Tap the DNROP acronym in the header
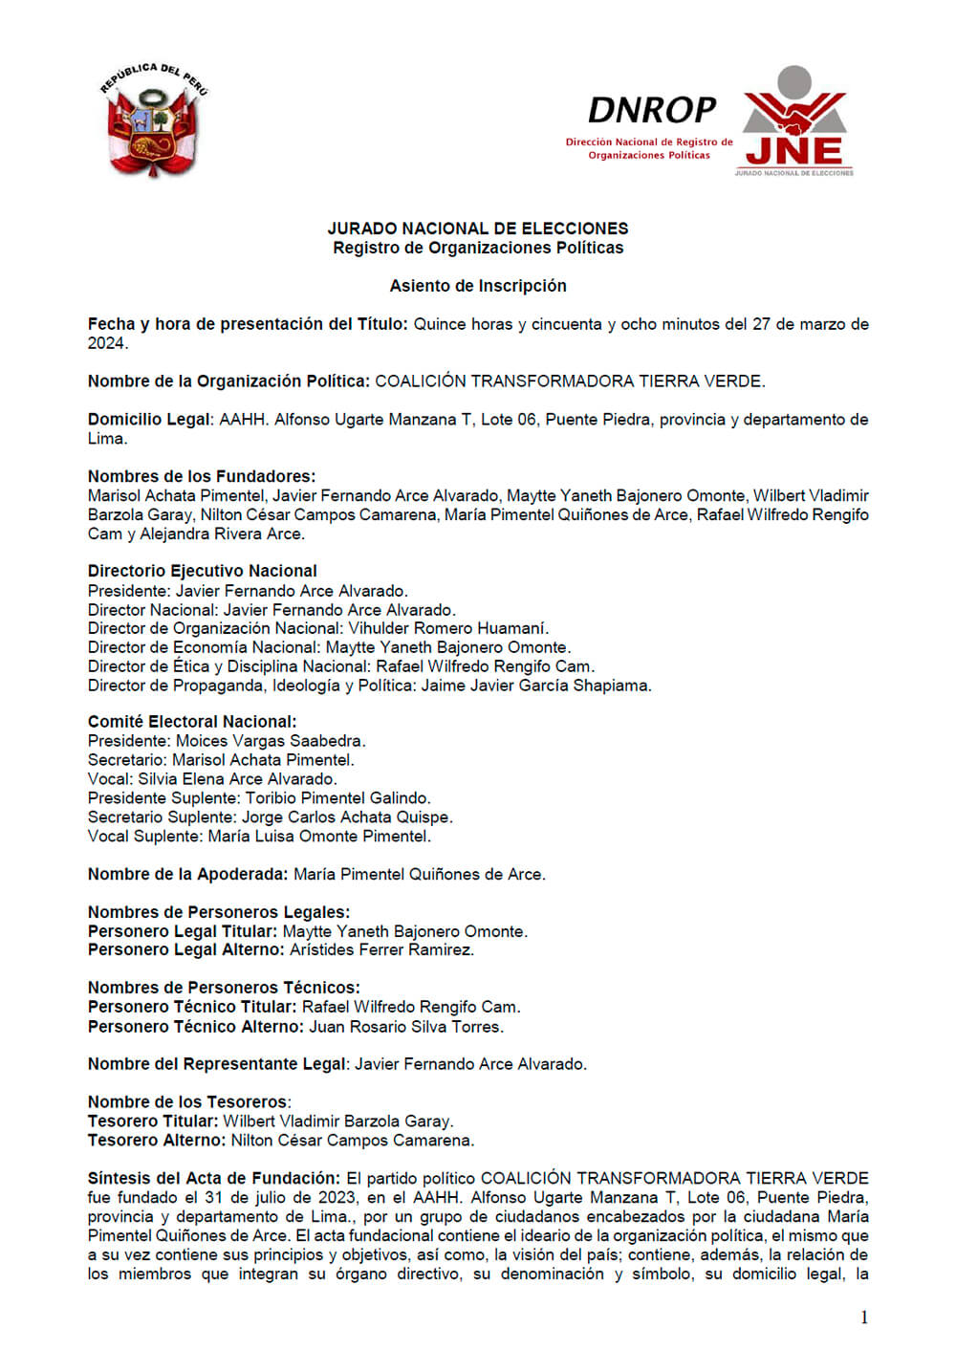tap(651, 111)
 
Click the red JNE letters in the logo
tap(793, 151)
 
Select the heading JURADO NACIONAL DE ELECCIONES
tap(477, 229)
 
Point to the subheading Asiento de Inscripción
tap(477, 286)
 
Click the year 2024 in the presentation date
tap(106, 343)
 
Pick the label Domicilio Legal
tap(149, 420)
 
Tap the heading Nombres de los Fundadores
tap(201, 476)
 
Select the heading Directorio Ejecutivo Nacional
tap(202, 571)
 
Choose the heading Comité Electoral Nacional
tap(191, 722)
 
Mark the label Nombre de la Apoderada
tap(187, 874)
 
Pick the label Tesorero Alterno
tap(156, 1140)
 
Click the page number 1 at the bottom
tap(864, 1318)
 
